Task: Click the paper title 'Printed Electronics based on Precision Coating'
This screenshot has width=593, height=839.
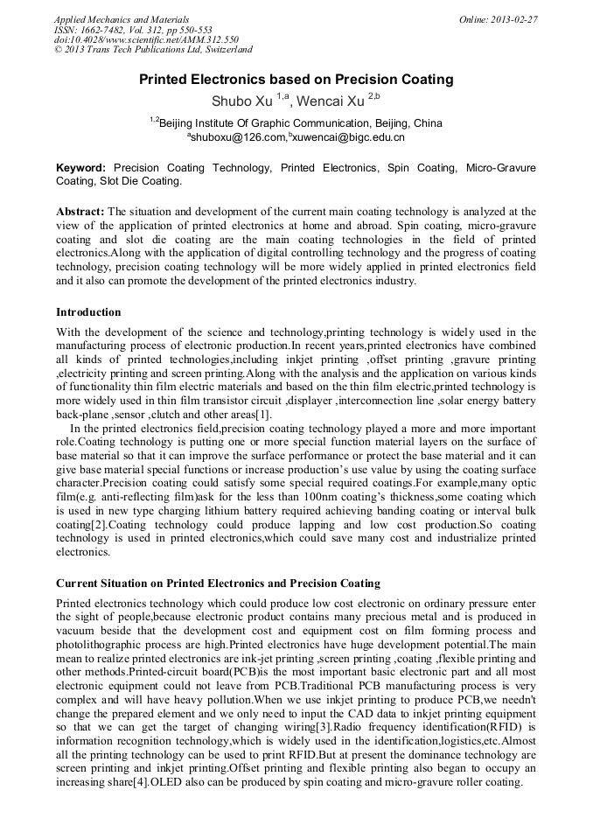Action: [x=296, y=80]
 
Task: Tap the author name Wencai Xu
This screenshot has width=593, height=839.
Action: [x=331, y=100]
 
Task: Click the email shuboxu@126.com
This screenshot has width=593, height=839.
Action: [x=238, y=137]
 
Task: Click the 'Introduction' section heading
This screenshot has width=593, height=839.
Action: [x=88, y=312]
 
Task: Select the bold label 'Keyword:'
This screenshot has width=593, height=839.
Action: [x=80, y=167]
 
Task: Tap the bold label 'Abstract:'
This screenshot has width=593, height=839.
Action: [x=80, y=212]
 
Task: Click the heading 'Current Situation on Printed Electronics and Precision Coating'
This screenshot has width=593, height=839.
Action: [x=218, y=583]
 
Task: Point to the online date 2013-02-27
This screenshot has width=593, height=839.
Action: [x=517, y=18]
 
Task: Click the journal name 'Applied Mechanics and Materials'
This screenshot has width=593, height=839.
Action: [x=121, y=18]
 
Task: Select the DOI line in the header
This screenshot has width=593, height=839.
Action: [x=146, y=39]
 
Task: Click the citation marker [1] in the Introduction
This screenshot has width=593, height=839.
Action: [x=263, y=413]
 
